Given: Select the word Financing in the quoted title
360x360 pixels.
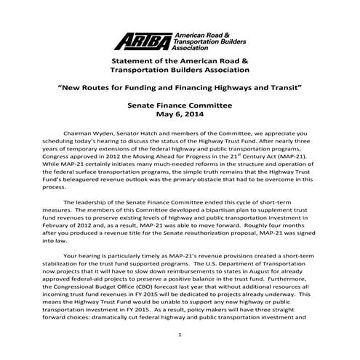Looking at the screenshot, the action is click(x=174, y=87).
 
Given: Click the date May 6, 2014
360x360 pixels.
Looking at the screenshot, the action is click(x=180, y=115).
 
